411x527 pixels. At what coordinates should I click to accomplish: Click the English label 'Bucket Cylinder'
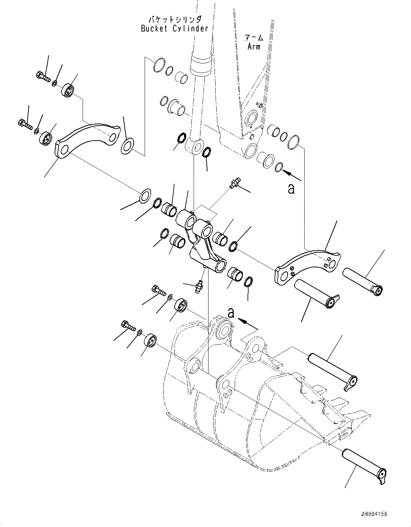(x=174, y=29)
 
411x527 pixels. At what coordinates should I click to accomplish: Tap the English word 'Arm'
(x=254, y=46)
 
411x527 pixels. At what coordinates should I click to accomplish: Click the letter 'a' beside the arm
(x=291, y=189)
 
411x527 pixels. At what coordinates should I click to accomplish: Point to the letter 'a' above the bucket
(x=231, y=313)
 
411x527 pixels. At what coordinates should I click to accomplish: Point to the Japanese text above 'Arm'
(x=254, y=37)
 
